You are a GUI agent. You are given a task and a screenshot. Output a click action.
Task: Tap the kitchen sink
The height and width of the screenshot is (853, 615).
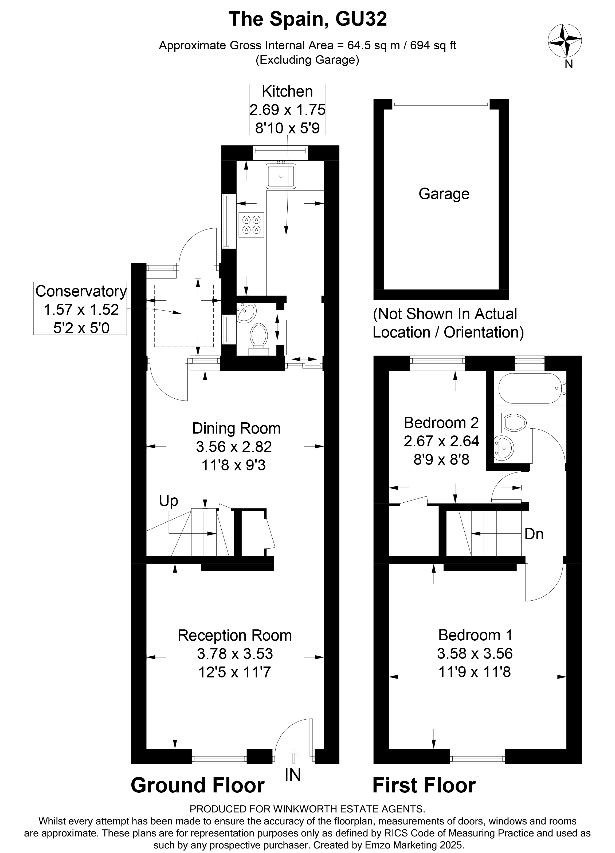coord(281,176)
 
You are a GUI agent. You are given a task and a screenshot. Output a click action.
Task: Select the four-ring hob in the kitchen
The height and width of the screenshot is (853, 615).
coord(251,225)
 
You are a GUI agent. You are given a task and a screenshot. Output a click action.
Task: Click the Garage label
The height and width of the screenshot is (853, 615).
coord(444,194)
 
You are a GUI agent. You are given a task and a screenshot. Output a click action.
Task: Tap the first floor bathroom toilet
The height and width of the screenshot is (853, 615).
coord(513,422)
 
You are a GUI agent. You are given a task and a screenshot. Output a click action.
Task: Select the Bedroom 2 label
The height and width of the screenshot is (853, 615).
coord(441,423)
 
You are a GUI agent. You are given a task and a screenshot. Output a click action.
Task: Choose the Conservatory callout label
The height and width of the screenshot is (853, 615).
coord(81,291)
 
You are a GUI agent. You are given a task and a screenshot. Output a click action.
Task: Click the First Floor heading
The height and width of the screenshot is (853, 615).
coord(424,786)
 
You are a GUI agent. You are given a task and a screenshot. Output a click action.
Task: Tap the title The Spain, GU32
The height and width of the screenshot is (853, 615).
coord(308,19)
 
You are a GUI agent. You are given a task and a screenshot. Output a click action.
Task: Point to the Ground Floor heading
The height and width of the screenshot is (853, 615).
coord(198,786)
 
